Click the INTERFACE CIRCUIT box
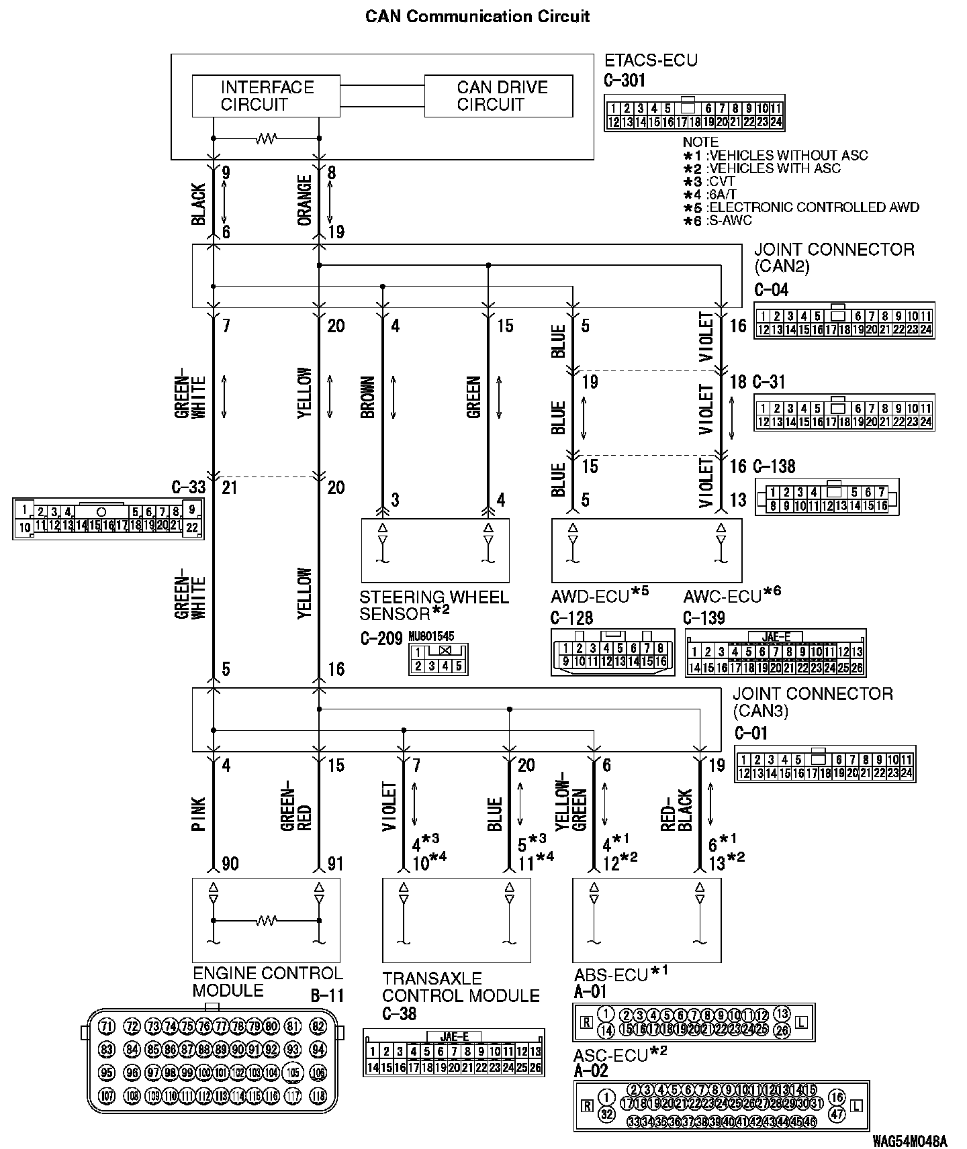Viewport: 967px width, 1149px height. click(267, 96)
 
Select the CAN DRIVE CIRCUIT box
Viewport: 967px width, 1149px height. click(498, 96)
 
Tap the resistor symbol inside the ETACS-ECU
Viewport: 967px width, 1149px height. click(267, 139)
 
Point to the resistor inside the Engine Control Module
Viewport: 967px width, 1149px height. click(267, 921)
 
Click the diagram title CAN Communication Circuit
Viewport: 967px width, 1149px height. click(477, 16)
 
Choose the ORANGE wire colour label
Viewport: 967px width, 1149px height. click(305, 201)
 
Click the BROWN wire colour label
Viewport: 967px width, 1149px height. click(368, 397)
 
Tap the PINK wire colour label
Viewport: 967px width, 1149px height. click(199, 815)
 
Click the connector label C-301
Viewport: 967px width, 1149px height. click(625, 81)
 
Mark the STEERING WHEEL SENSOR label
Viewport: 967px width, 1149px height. click(434, 605)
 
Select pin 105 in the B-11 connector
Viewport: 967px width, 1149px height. click(292, 1071)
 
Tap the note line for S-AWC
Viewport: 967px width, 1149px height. click(719, 220)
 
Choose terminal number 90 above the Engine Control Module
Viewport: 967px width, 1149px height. click(230, 864)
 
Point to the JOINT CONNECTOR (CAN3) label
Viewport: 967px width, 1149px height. click(813, 702)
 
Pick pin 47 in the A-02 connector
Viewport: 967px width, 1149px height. click(837, 1114)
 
